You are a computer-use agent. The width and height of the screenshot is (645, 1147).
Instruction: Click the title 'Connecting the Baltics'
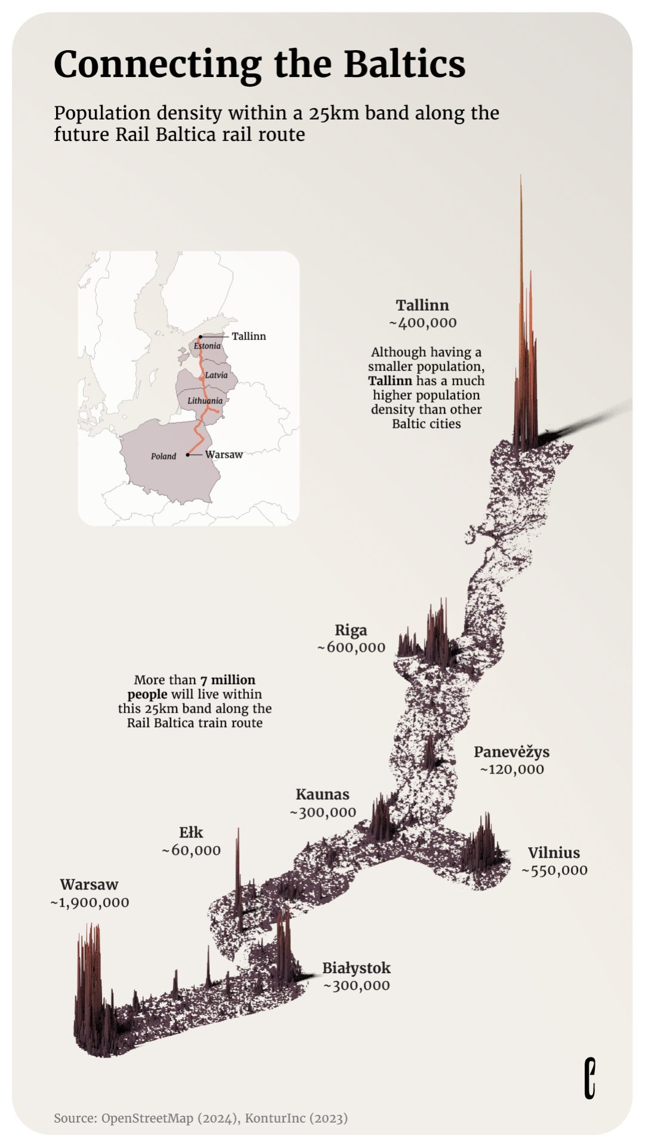coord(259,65)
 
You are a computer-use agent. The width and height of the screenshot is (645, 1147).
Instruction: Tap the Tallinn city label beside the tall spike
coord(422,305)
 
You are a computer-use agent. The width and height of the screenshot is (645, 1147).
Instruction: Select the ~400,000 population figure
coord(423,323)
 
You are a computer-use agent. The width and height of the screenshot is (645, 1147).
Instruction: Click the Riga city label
coord(351,630)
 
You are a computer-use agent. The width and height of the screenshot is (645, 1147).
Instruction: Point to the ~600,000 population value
coord(351,648)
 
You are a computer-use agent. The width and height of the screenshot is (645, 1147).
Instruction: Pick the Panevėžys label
coord(511,752)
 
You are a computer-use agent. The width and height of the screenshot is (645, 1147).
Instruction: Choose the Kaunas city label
coord(322,795)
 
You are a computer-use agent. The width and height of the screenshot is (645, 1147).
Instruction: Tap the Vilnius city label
coord(554,853)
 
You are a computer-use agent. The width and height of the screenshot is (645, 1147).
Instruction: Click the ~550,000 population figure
coord(554,870)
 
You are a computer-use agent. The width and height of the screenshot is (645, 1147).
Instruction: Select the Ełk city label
coord(191,833)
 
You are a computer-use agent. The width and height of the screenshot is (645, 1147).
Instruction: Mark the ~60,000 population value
coord(191,850)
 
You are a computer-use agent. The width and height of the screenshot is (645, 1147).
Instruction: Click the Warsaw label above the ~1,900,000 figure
coord(89,885)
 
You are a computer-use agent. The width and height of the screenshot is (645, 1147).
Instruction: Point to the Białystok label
coord(356,968)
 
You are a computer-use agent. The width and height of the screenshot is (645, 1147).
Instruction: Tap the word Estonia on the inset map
coord(207,346)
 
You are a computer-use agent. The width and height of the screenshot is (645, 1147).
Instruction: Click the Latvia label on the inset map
coord(216,375)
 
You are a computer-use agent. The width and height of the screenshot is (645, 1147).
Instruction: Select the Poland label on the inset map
coord(163,456)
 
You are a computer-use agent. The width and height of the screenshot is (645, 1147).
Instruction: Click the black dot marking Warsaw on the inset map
coord(188,455)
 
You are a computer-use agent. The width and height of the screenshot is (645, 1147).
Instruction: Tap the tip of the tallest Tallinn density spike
coord(521,176)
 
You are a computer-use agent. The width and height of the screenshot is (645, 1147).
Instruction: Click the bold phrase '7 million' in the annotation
coord(228,680)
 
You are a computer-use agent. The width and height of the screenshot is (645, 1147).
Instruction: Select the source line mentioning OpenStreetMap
coord(201,1118)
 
